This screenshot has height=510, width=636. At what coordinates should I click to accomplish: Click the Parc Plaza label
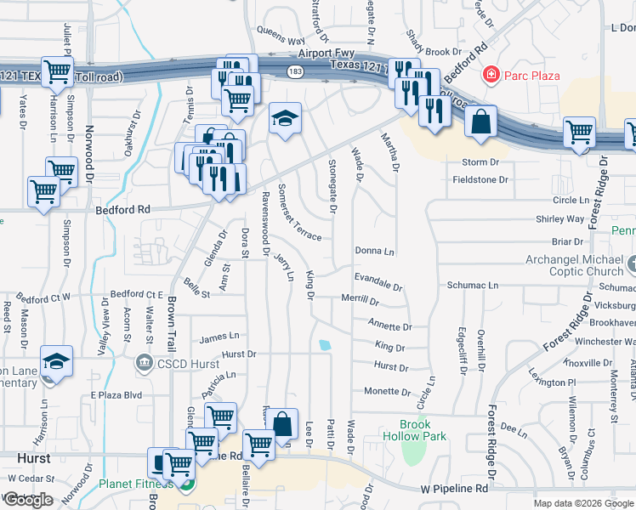[532, 76]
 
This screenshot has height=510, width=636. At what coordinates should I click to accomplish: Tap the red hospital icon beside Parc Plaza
[491, 76]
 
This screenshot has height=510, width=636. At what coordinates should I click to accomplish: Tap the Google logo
[28, 499]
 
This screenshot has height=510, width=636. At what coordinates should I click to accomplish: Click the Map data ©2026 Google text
[582, 503]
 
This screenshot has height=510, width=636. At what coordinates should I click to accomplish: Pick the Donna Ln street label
[375, 252]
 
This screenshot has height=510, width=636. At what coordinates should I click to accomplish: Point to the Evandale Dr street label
[378, 278]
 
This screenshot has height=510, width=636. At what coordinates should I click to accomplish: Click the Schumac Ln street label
[472, 286]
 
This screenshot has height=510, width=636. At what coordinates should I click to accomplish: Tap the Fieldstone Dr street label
[480, 180]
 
